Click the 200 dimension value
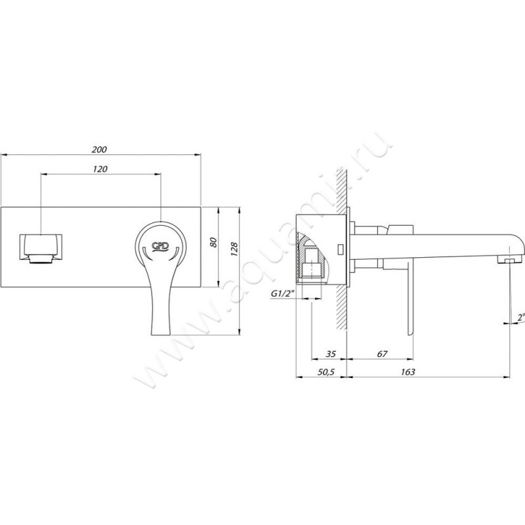99,150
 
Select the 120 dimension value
100,169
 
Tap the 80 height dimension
213,241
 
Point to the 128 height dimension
234,249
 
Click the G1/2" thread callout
282,293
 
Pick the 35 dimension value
331,354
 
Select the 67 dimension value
382,354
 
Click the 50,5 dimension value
326,372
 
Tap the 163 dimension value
408,372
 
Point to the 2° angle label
520,317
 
